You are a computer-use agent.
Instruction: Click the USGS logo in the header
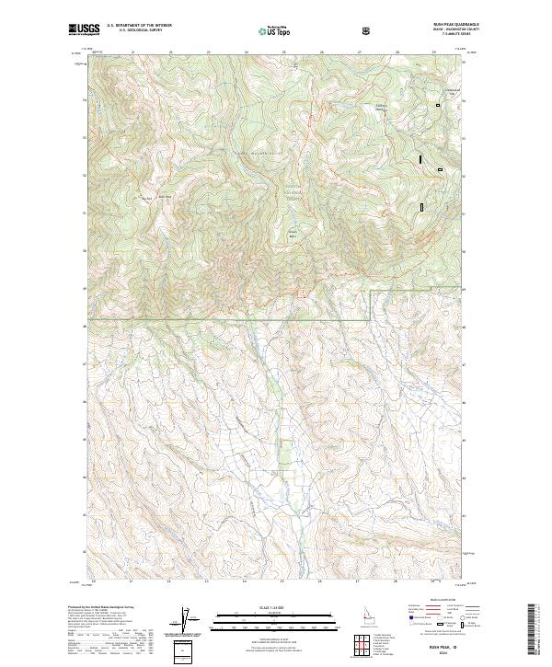(84, 30)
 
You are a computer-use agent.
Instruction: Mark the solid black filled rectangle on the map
(421, 159)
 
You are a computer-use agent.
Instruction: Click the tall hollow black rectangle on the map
(421, 207)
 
